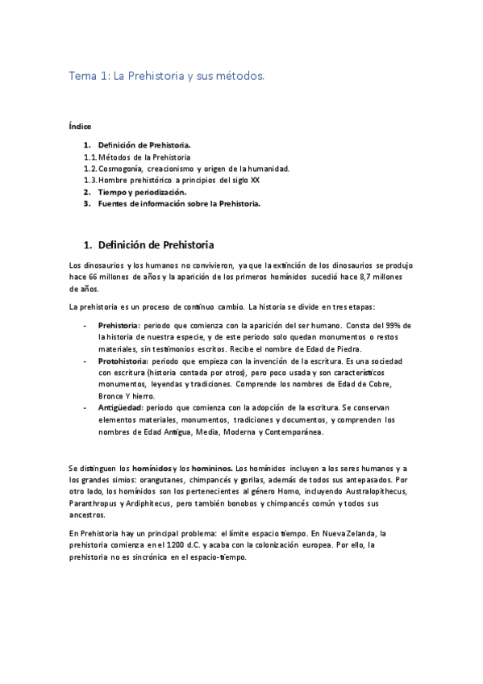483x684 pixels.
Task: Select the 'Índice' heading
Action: tap(80, 127)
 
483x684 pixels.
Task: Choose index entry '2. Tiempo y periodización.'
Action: tap(141, 192)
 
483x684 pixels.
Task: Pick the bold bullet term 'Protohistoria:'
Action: tap(123, 362)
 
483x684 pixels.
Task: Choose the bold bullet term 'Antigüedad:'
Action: tap(120, 409)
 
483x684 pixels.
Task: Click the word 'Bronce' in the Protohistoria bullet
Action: tap(111, 397)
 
